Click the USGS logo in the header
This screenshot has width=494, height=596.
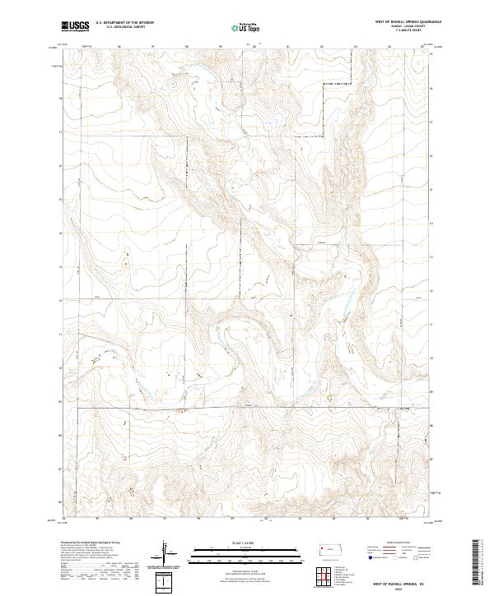pyautogui.click(x=76, y=26)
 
